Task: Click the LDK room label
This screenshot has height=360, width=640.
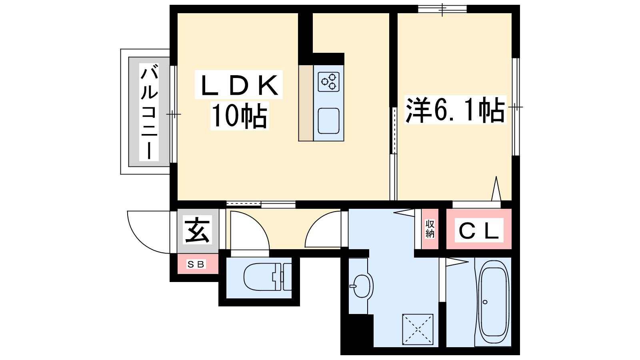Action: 239,85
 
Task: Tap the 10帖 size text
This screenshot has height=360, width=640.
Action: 240,116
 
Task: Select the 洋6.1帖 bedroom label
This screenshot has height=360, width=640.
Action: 455,110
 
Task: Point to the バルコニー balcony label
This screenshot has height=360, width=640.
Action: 149,112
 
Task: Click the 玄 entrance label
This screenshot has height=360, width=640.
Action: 197,230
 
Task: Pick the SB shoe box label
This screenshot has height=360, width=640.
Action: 196,264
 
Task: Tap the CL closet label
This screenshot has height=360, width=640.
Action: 479,230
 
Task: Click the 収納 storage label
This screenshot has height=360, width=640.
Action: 430,229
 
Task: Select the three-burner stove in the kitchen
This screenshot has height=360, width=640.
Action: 328,82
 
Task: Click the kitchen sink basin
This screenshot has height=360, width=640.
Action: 328,120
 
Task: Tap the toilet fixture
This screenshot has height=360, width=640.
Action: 268,276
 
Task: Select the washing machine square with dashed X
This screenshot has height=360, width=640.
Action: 418,330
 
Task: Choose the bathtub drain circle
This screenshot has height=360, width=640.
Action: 485,302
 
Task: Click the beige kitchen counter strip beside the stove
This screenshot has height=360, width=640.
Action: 306,103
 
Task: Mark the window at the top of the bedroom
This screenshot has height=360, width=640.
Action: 442,9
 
